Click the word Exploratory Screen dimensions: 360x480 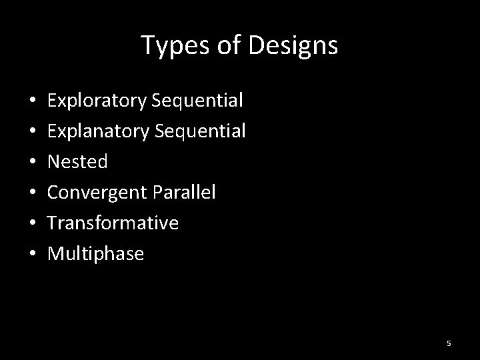(x=97, y=101)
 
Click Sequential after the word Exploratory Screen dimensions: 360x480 (x=197, y=101)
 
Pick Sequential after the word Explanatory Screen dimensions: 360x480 (x=200, y=131)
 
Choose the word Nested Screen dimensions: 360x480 (x=77, y=161)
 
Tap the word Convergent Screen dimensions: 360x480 (x=98, y=192)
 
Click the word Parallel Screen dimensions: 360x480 (x=184, y=192)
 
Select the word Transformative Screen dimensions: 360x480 (x=113, y=223)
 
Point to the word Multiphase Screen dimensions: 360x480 (x=95, y=253)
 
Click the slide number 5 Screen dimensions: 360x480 (x=449, y=343)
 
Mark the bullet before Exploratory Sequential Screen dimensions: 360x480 (x=33, y=102)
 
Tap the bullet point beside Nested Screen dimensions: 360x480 (x=33, y=162)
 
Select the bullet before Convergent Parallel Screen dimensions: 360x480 (x=33, y=193)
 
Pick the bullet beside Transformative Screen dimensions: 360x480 (x=33, y=223)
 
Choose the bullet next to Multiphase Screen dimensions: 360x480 (x=33, y=254)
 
